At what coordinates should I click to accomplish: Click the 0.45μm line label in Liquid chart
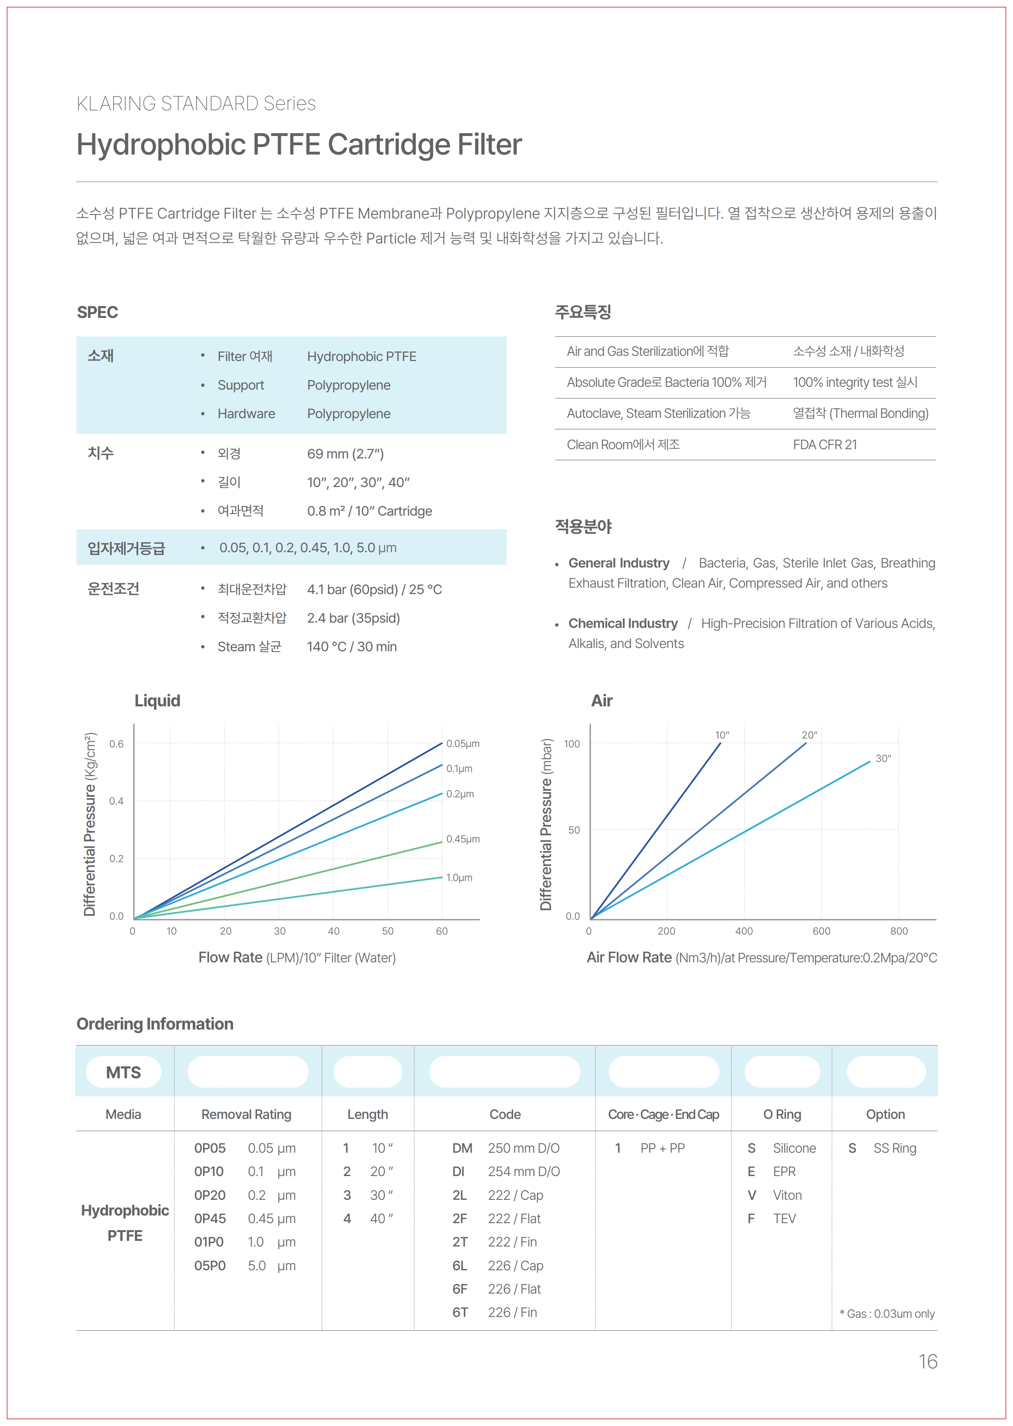[463, 839]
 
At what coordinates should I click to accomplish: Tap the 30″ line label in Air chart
[882, 759]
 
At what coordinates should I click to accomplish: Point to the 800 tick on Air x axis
[899, 931]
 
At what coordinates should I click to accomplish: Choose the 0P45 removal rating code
[209, 1218]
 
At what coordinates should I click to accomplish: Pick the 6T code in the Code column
[460, 1312]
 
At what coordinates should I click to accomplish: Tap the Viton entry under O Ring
[787, 1195]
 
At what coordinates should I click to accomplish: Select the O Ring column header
[782, 1114]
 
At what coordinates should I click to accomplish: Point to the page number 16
[928, 1362]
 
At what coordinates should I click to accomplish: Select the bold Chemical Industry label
[623, 623]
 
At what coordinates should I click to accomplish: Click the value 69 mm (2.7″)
[345, 454]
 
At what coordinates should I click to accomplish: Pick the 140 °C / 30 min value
[352, 646]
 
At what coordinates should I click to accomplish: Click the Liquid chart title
[157, 701]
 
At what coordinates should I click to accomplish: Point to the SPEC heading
[97, 312]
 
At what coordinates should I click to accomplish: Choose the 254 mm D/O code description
[523, 1172]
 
